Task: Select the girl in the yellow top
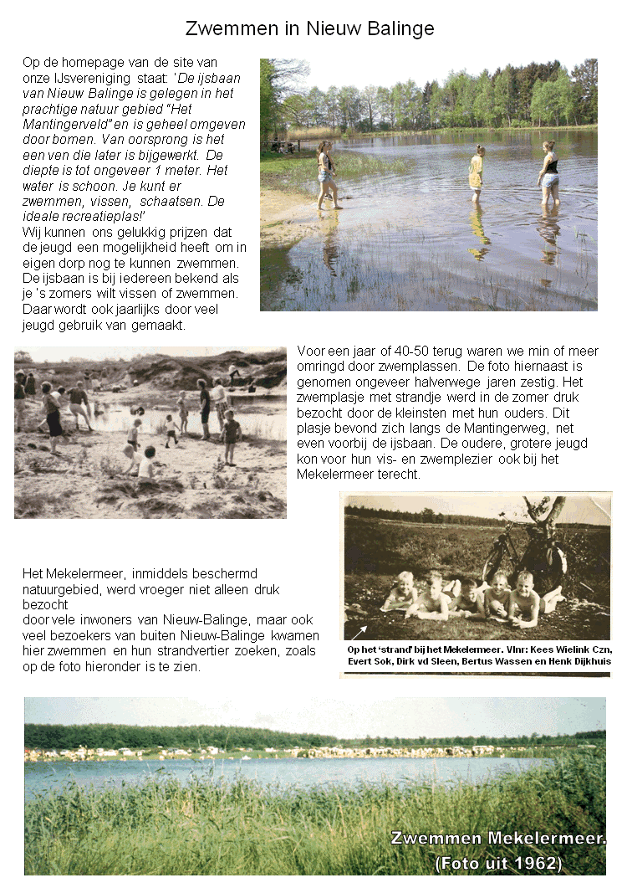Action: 477,172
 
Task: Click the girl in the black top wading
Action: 549,173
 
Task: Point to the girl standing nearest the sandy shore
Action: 326,174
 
